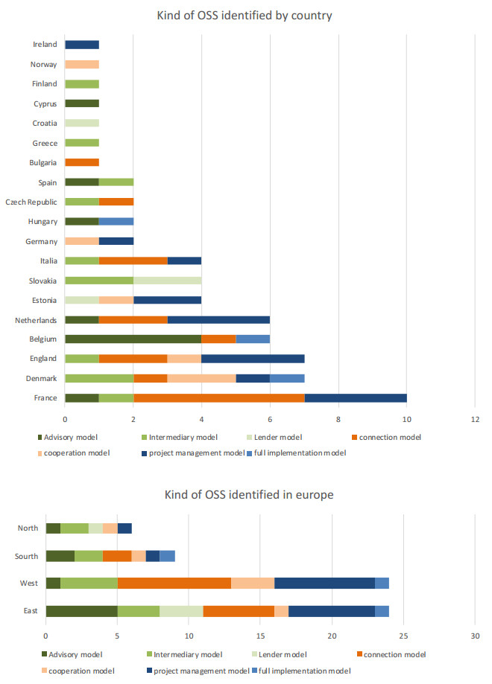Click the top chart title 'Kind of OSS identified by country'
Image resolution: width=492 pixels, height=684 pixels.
coord(244,16)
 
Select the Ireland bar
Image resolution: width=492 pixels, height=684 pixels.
coord(82,45)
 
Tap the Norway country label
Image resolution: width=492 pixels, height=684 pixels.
coord(43,64)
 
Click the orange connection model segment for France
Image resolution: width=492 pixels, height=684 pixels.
coord(218,397)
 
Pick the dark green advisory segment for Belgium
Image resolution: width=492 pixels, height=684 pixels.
coord(133,339)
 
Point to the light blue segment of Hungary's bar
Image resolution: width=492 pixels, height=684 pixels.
coord(116,221)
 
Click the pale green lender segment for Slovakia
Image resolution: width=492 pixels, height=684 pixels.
coord(167,280)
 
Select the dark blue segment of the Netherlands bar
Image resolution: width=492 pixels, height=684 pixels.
coord(218,319)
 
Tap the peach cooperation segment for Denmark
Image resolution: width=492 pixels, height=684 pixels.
coord(201,378)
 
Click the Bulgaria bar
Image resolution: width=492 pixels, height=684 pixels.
coord(82,162)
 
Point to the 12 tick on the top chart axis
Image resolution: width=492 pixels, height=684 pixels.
coord(475,418)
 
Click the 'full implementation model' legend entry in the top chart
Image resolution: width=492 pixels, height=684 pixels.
coord(294,453)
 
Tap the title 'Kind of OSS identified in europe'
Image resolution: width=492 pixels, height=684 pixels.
coord(244,494)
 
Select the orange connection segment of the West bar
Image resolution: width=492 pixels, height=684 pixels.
coord(174,583)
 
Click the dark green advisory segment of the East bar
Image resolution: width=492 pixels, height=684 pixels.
coord(81,610)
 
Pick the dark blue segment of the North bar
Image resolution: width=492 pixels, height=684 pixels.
coord(124,528)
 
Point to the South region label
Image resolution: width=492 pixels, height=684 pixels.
coord(28,556)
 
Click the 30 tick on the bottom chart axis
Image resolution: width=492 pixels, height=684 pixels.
coord(475,636)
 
